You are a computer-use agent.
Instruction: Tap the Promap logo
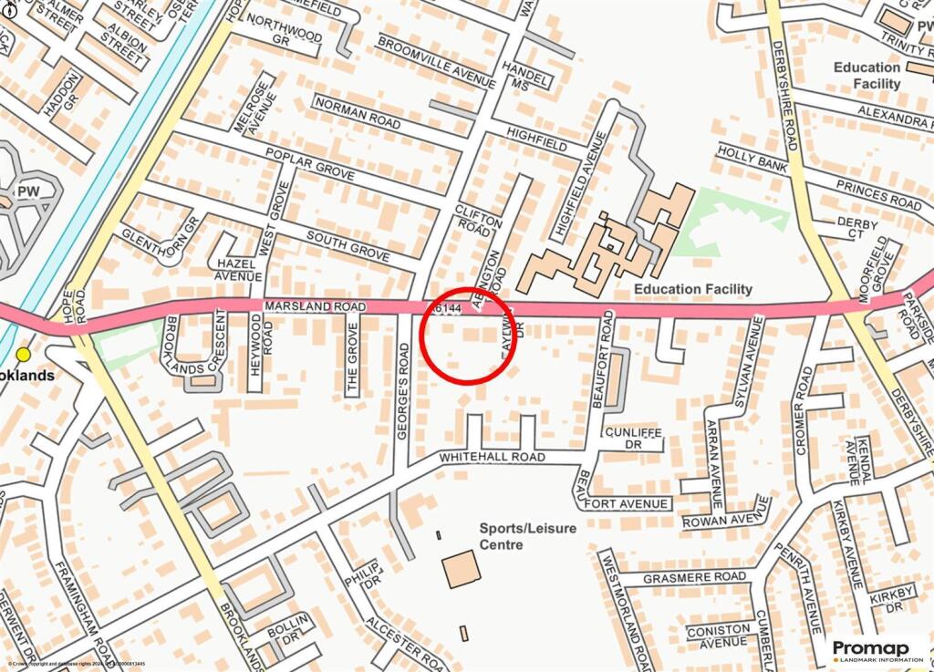click(875, 650)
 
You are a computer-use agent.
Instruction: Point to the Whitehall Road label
click(492, 456)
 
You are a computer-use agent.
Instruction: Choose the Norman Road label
click(357, 115)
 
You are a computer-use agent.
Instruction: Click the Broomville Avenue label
click(436, 62)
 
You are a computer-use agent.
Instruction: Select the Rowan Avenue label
click(726, 520)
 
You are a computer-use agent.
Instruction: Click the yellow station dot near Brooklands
click(23, 354)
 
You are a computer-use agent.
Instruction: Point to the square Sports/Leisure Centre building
click(460, 569)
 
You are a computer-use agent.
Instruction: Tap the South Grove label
click(348, 243)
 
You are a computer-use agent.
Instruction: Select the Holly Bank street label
click(752, 160)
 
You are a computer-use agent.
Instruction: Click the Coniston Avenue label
click(718, 635)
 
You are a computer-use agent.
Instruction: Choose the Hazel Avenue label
click(240, 269)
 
